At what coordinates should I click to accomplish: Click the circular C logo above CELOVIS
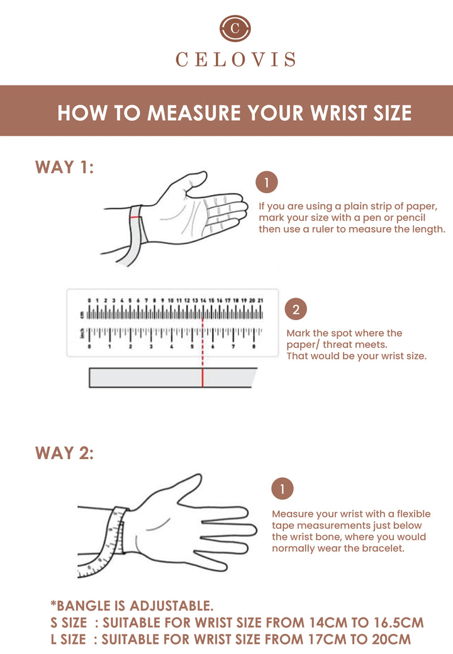[x=235, y=28]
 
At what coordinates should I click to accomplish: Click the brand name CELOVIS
[x=236, y=59]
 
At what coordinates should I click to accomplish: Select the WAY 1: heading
[x=64, y=167]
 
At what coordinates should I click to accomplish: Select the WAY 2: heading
[x=64, y=453]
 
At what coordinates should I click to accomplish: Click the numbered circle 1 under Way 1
[x=267, y=182]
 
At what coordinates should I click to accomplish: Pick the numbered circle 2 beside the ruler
[x=296, y=309]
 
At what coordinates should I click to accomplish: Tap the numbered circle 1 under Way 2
[x=282, y=489]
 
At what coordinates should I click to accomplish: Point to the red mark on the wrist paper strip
[x=135, y=218]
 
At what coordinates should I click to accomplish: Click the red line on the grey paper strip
[x=203, y=377]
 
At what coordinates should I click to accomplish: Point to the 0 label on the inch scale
[x=89, y=346]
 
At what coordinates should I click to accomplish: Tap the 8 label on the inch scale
[x=254, y=346]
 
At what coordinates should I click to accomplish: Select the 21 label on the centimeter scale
[x=260, y=301]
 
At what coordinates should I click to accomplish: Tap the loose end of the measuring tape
[x=81, y=573]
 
